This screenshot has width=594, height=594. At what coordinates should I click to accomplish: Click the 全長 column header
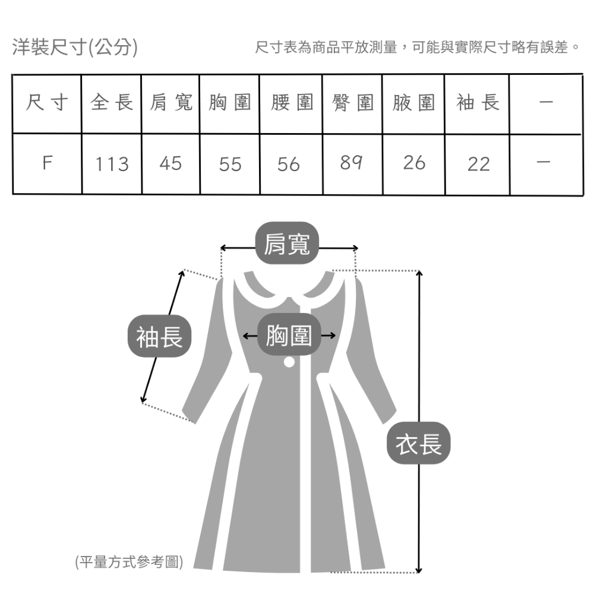point(112,103)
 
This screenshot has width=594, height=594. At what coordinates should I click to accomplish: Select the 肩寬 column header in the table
point(171,103)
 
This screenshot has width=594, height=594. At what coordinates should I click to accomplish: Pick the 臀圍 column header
point(352,103)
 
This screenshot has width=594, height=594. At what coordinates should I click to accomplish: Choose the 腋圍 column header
point(413,103)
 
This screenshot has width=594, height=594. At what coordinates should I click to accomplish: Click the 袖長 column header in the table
point(478,103)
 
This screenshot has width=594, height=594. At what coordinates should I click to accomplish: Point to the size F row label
point(46,163)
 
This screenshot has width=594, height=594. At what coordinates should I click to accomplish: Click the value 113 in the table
point(112,164)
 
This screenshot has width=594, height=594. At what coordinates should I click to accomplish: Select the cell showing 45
point(170,163)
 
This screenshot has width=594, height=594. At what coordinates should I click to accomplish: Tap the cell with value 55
point(230,164)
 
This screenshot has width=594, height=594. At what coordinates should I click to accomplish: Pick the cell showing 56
point(289,164)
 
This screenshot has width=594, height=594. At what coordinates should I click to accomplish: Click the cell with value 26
point(414,163)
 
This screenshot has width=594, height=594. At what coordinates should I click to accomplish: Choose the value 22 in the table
point(478,164)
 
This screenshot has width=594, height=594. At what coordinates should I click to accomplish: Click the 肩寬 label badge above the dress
point(287,244)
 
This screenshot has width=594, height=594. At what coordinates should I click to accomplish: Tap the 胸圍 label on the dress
point(289,336)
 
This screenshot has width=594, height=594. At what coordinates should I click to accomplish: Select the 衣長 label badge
point(419,444)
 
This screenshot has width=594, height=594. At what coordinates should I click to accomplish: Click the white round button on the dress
point(289,361)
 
